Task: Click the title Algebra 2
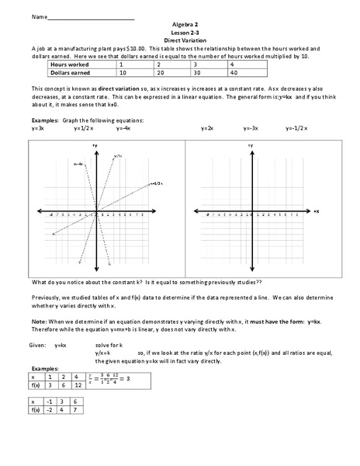tap(179, 25)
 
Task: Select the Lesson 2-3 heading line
tap(179, 32)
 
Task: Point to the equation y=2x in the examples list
tap(208, 127)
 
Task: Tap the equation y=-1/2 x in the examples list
tap(298, 127)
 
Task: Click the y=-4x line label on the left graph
tap(78, 164)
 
